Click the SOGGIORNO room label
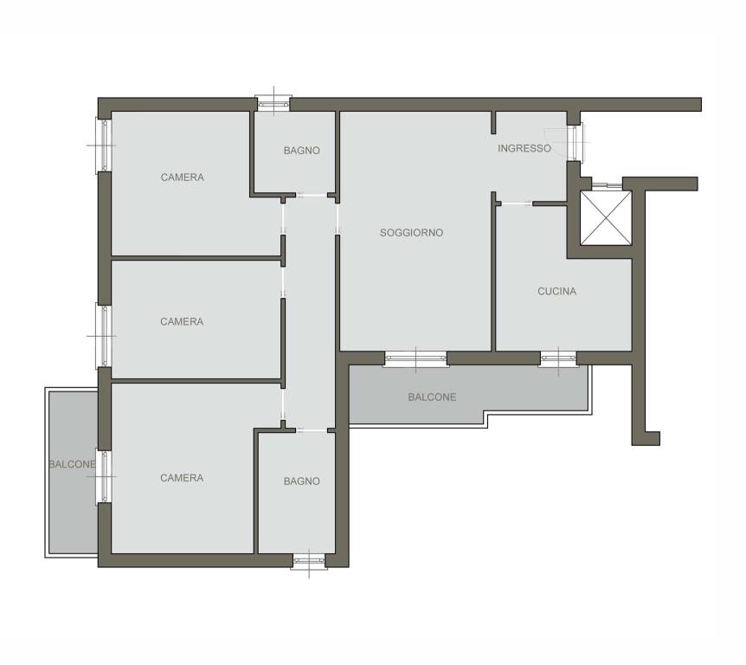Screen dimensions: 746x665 click(x=411, y=233)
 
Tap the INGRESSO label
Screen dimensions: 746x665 click(x=524, y=149)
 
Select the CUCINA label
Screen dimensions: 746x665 click(x=556, y=291)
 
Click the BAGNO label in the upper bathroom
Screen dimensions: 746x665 click(x=302, y=151)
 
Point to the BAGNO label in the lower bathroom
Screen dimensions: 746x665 click(x=302, y=481)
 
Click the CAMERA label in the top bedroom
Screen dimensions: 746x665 click(x=183, y=178)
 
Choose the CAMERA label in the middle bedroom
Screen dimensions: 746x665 click(x=182, y=322)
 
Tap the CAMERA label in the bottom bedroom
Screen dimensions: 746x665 click(x=182, y=478)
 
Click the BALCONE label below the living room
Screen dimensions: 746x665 click(x=432, y=397)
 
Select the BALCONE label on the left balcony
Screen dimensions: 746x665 click(x=73, y=464)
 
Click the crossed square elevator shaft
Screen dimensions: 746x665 click(x=606, y=217)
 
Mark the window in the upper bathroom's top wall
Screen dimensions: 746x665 click(x=273, y=103)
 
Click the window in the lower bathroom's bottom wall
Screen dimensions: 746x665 click(x=309, y=561)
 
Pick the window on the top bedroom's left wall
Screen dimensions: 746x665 click(x=104, y=145)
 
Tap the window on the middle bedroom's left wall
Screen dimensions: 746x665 click(x=104, y=336)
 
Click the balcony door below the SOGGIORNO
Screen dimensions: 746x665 click(x=415, y=359)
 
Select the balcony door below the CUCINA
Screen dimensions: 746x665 click(x=558, y=359)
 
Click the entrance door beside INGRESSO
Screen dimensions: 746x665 click(x=575, y=142)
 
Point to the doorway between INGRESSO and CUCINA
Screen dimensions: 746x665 click(x=517, y=203)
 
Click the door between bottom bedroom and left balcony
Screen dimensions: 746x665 click(x=104, y=476)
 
